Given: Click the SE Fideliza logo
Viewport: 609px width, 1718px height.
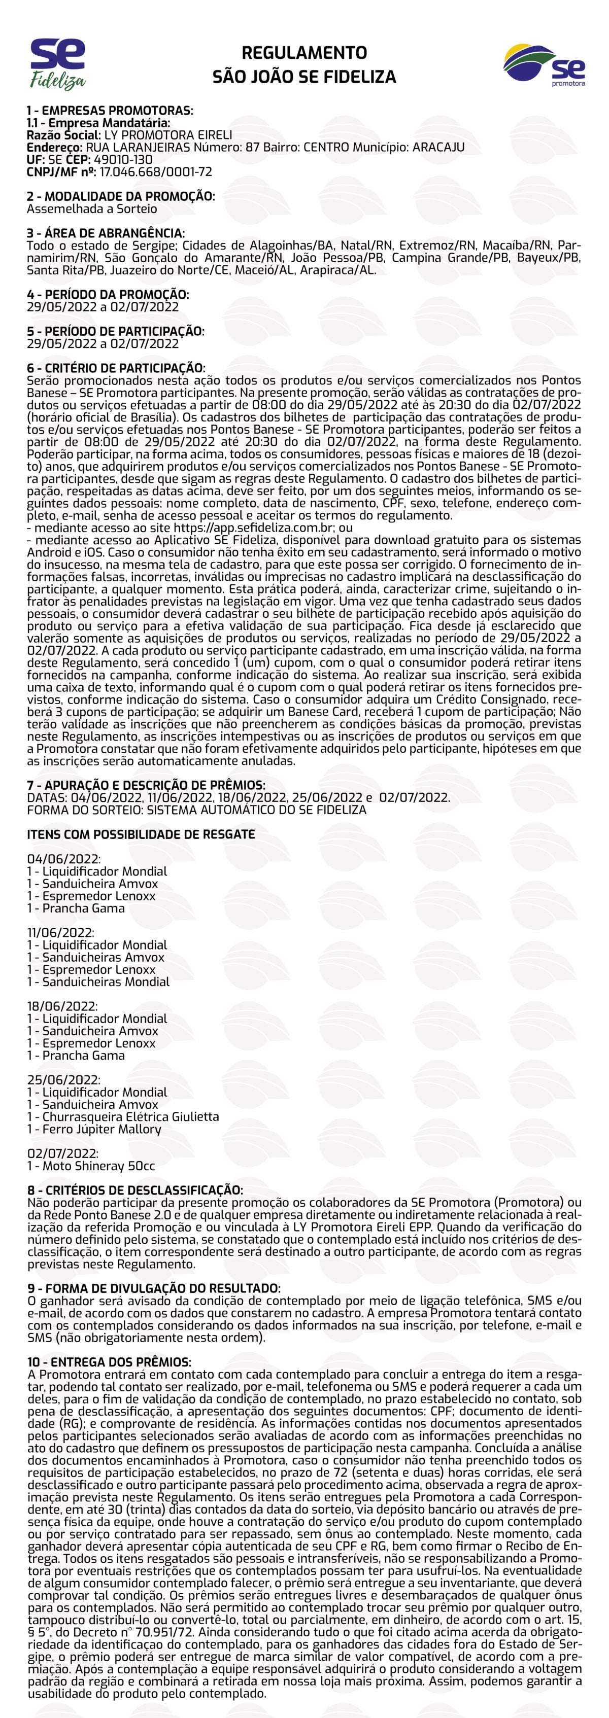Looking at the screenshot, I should pos(58,63).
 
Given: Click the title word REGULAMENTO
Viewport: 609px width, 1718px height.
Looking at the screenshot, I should pos(304,53).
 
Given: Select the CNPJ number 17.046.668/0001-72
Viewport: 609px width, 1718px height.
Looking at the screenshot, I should pos(155,171).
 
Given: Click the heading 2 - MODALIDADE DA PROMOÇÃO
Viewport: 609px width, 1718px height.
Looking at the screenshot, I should pos(121,196).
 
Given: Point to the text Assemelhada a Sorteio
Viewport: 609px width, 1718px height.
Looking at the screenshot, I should pos(92,209).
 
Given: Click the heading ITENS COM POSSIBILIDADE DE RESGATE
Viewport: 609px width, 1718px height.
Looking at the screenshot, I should pos(141,834).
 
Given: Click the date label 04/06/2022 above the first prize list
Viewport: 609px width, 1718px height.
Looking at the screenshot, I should pos(64,859).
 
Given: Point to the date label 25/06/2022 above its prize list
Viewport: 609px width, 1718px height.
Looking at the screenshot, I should pos(64,1080).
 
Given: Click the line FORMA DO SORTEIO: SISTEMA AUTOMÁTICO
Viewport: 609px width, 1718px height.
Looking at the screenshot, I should pos(197,810).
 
